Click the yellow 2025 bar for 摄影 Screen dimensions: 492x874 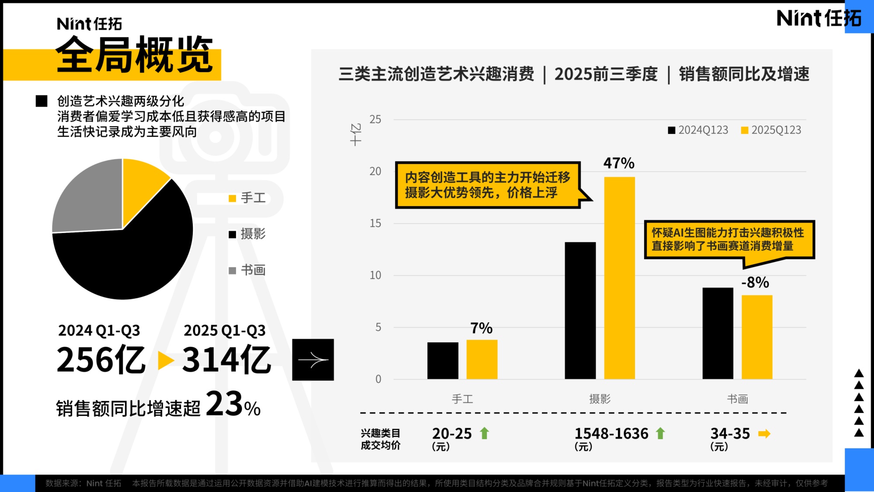point(619,278)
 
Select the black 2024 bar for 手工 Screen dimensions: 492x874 point(443,360)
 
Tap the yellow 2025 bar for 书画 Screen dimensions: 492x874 point(757,337)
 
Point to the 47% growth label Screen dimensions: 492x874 point(619,163)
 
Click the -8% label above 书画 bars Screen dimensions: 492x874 point(755,283)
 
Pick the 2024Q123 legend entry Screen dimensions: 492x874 point(698,130)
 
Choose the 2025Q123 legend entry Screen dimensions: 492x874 point(771,130)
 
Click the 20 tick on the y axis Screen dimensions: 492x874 point(375,171)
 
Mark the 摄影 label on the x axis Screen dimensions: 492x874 point(600,399)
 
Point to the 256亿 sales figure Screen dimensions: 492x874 point(101,360)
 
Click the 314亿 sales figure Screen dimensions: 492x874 point(226,360)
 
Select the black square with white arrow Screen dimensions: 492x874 point(313,359)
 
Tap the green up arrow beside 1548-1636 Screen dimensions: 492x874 point(660,433)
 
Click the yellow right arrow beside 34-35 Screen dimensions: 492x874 point(764,433)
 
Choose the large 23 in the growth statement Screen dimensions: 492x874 point(224,404)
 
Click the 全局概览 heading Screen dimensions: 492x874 point(135,56)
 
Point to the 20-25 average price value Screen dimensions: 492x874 point(452,433)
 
